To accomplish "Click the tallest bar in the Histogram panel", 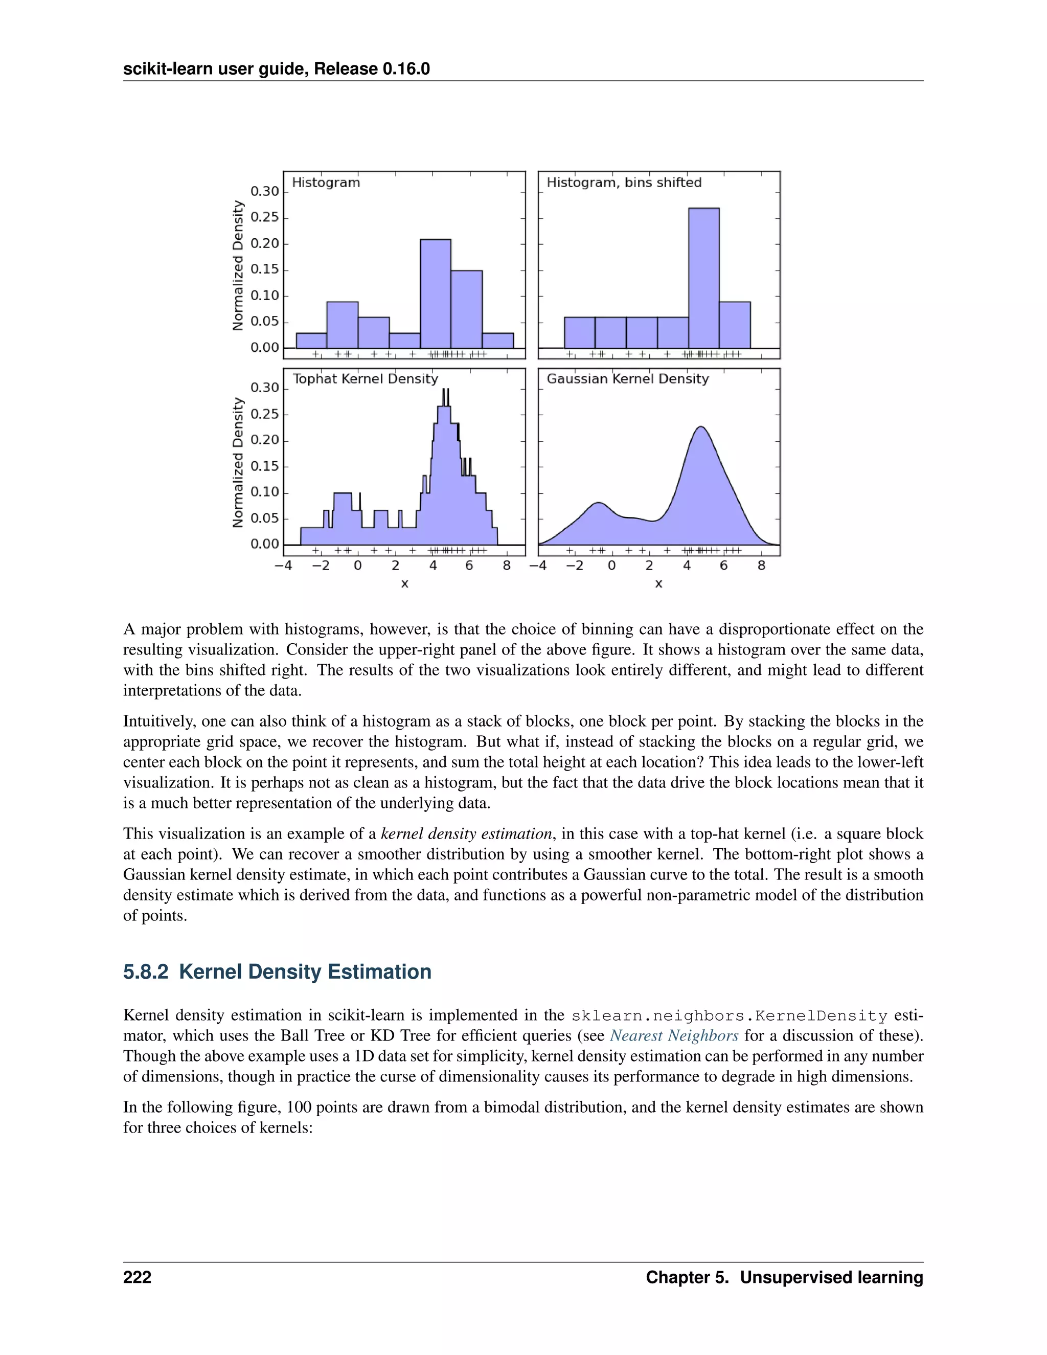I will pyautogui.click(x=436, y=293).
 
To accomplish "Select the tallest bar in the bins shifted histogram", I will pyautogui.click(x=703, y=278).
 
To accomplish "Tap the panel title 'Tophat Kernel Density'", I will pyautogui.click(x=366, y=378).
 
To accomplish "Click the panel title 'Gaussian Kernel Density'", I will pyautogui.click(x=627, y=378).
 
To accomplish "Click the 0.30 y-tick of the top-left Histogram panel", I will pyautogui.click(x=265, y=191).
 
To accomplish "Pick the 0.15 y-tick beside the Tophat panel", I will pyautogui.click(x=265, y=466).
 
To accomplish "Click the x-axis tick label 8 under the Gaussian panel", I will pyautogui.click(x=761, y=565).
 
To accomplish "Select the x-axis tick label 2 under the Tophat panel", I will pyautogui.click(x=395, y=565).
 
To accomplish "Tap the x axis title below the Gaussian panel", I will pyautogui.click(x=658, y=584).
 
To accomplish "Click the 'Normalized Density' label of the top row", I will pyautogui.click(x=238, y=265).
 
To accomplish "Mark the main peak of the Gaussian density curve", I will pyautogui.click(x=701, y=427).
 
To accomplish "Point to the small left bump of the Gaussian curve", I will pyautogui.click(x=597, y=503).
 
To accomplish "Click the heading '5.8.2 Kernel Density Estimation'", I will pyautogui.click(x=277, y=972).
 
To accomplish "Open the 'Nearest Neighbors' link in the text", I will pyautogui.click(x=674, y=1035).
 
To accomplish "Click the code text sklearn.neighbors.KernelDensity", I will pyautogui.click(x=730, y=1015).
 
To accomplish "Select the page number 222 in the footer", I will pyautogui.click(x=137, y=1277).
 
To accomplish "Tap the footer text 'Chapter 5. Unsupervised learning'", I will pyautogui.click(x=784, y=1277).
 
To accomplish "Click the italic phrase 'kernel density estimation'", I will pyautogui.click(x=466, y=833).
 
